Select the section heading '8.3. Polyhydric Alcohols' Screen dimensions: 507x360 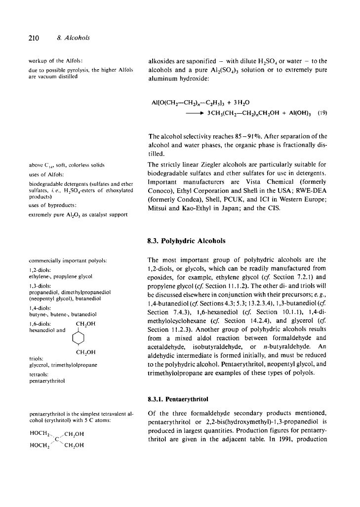pos(187,241)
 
